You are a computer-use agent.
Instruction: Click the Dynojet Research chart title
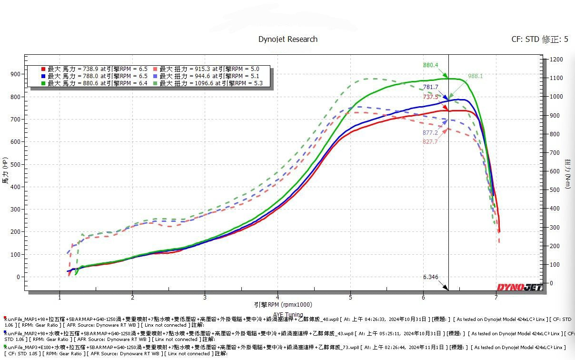pos(287,39)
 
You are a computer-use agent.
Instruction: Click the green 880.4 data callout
pos(430,65)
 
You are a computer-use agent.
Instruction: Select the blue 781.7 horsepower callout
pos(430,87)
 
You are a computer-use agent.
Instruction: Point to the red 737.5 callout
pos(430,97)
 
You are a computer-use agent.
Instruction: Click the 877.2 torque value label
pos(430,133)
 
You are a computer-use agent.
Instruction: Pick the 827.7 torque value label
pos(430,142)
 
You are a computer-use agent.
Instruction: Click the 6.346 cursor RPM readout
pos(430,277)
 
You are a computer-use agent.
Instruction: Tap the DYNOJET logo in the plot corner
pos(519,287)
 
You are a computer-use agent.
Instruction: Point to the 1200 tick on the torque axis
pos(556,60)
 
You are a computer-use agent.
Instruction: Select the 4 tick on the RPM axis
pos(278,298)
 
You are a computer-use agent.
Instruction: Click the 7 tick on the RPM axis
pos(496,298)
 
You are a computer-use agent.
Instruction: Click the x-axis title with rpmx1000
pos(277,305)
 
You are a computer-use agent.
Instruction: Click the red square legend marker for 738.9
pos(43,69)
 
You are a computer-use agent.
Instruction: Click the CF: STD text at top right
pos(525,40)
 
